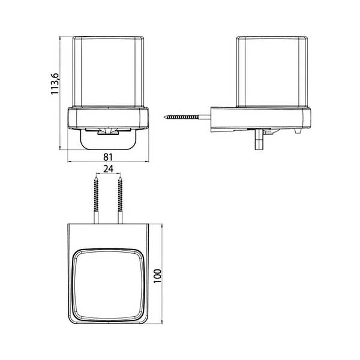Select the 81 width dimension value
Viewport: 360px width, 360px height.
point(108,157)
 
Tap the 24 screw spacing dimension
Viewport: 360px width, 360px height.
point(109,169)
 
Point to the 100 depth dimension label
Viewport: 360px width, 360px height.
point(157,276)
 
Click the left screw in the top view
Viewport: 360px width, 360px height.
point(97,200)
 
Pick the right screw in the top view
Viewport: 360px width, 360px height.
point(120,200)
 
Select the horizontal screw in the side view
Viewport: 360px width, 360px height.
point(187,117)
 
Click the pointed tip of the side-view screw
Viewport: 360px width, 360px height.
point(164,117)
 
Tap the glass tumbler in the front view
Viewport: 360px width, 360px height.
point(108,71)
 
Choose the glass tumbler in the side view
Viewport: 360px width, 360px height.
point(272,71)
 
